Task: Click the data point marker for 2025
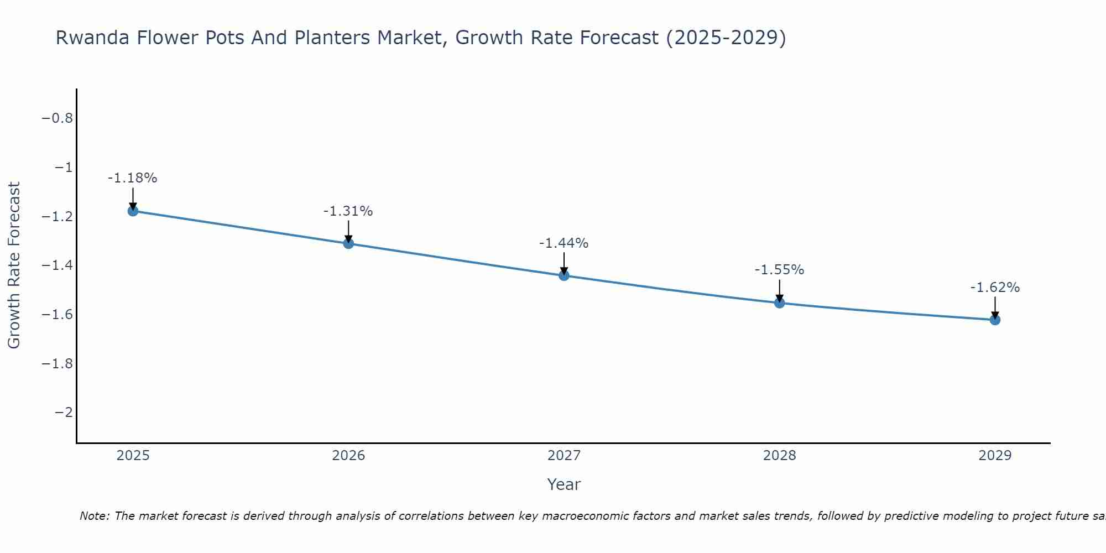coord(133,211)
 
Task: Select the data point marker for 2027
coord(564,275)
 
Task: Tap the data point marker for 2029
coord(995,320)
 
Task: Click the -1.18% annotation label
coord(132,178)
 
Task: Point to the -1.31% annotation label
coord(348,211)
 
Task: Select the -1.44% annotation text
coord(564,243)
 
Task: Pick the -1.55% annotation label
coord(779,270)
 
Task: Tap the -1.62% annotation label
coord(995,288)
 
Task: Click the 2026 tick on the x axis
coord(348,456)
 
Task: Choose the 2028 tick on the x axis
coord(779,456)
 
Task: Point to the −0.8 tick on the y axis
coord(57,118)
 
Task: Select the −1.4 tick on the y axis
coord(57,265)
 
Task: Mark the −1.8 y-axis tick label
coord(57,363)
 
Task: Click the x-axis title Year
coord(564,484)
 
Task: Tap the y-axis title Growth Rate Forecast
coord(14,265)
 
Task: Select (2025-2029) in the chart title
coord(726,38)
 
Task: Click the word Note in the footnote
coord(94,516)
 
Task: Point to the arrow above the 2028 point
coord(779,290)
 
